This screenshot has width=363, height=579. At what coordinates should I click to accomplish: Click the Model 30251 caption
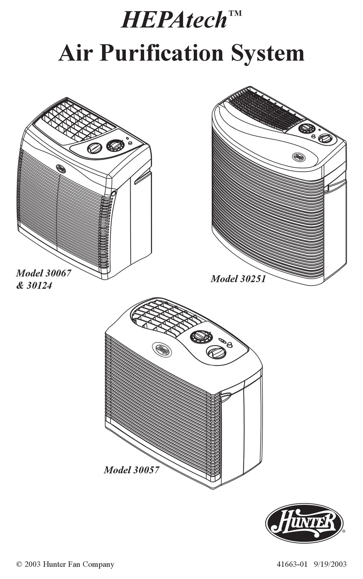[238, 279]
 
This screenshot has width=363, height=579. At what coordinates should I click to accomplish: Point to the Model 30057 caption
[131, 470]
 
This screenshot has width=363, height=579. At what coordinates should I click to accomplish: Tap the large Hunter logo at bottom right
[304, 523]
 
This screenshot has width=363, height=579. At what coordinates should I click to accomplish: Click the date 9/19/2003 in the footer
[331, 564]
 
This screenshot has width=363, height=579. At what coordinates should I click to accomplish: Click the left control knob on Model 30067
[95, 148]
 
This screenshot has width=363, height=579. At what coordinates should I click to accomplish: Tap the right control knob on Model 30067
[115, 145]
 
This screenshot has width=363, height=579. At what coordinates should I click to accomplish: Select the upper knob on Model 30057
[199, 336]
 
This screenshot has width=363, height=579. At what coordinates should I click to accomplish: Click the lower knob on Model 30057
[216, 352]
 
